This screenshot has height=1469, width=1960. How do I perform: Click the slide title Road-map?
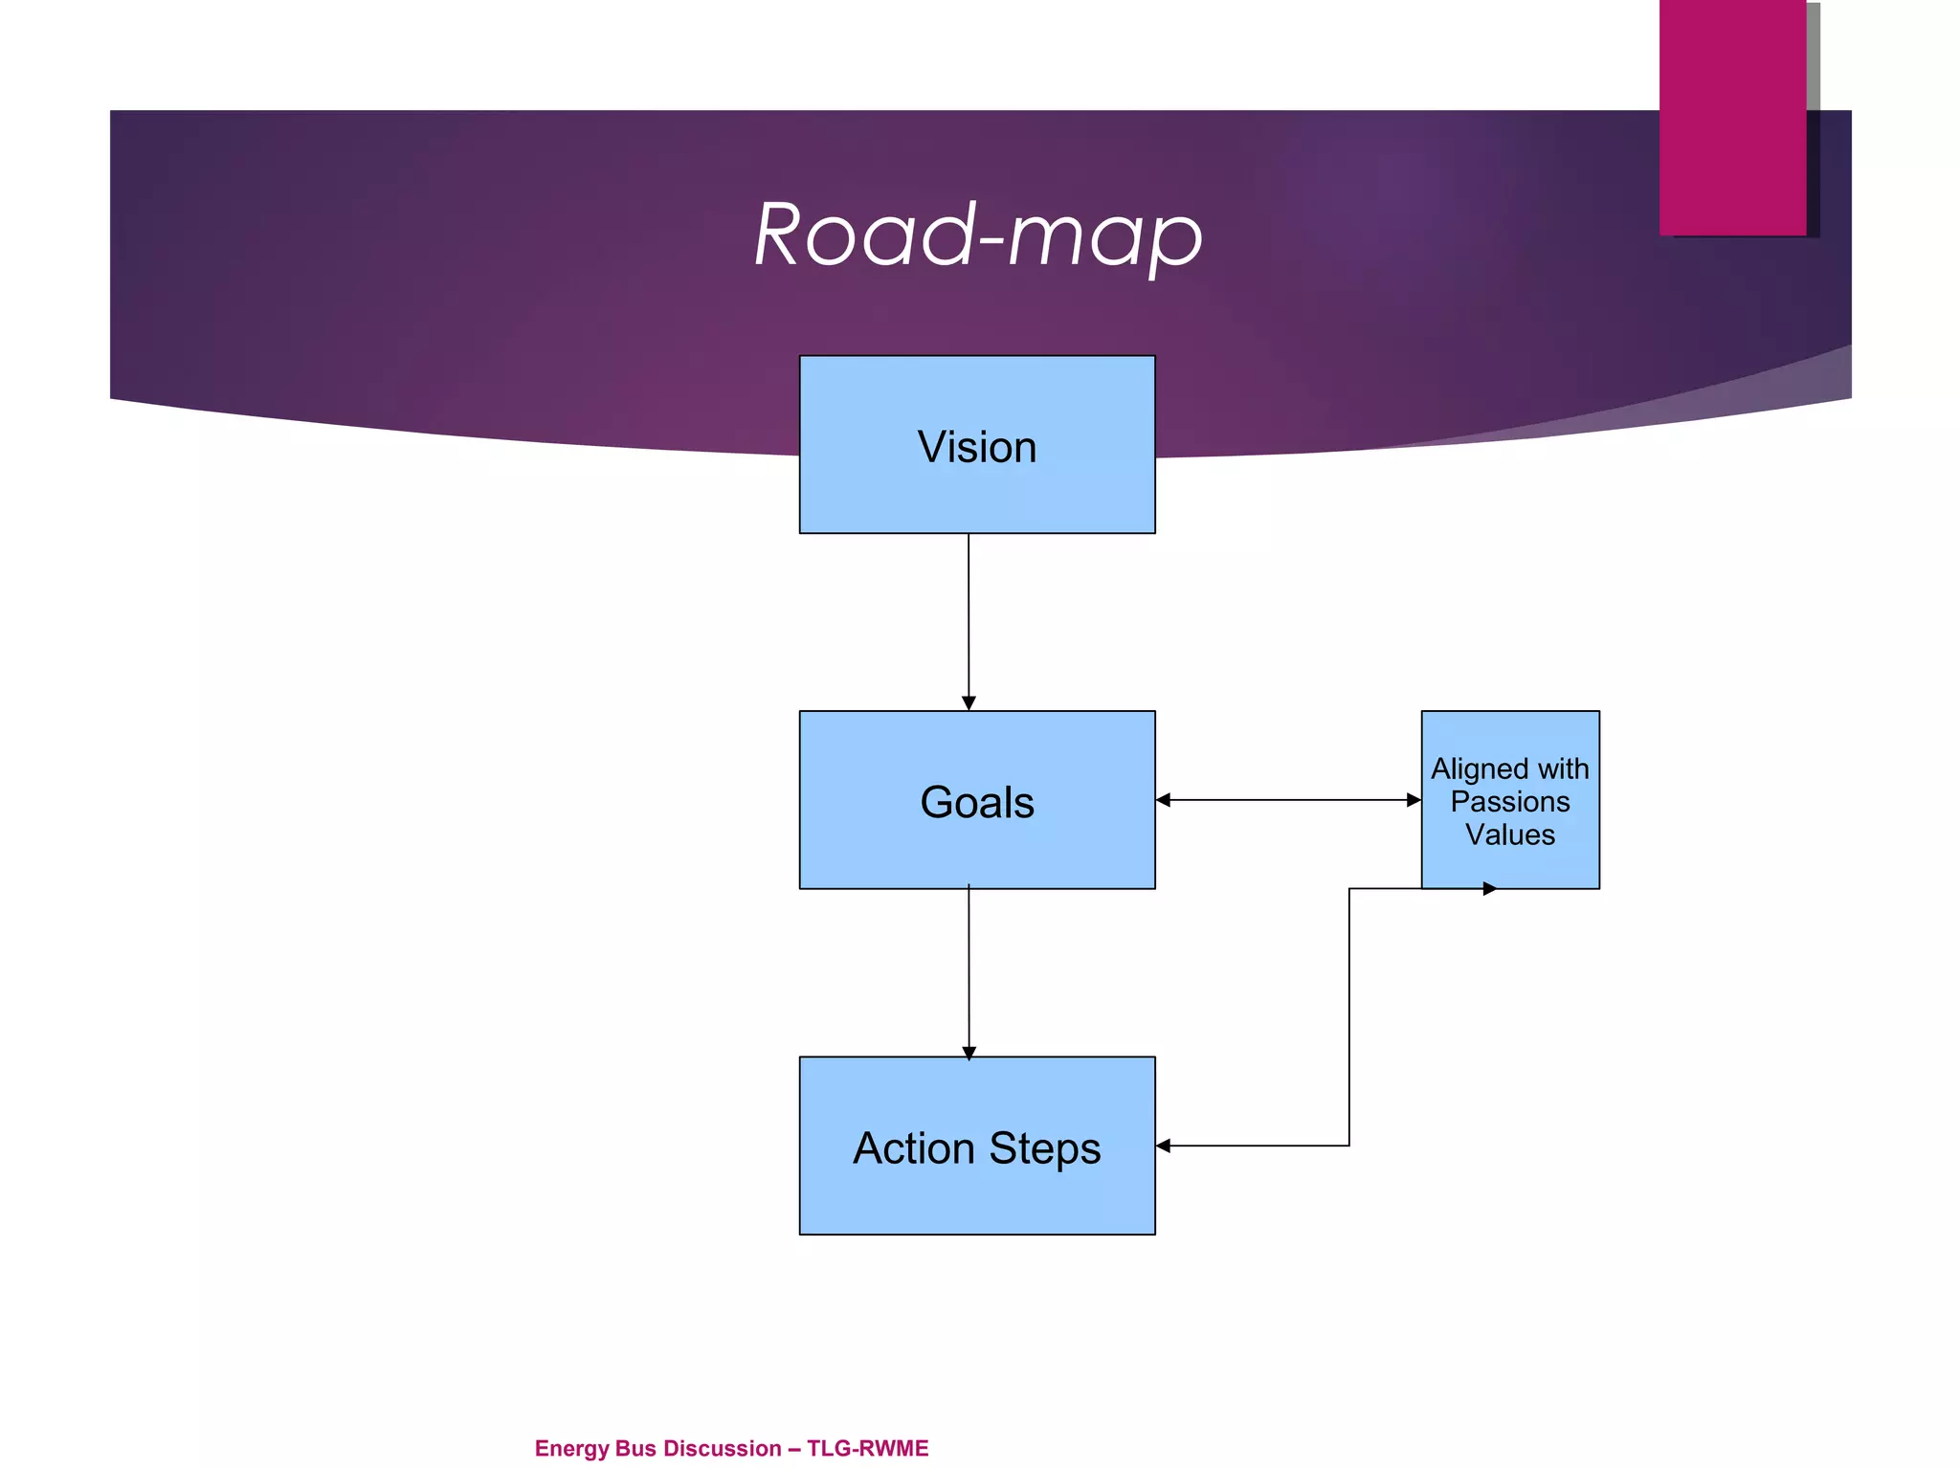coord(978,235)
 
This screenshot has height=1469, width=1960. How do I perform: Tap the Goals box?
coord(977,842)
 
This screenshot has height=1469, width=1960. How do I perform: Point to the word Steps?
coord(1045,1148)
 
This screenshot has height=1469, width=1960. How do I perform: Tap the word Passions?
coord(1510,802)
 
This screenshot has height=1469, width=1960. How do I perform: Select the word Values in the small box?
coord(1510,835)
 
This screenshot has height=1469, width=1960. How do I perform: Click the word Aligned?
coord(1480,769)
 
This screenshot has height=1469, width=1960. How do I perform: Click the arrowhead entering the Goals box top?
coord(969,703)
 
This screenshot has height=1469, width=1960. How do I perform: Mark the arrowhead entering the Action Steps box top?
coord(969,1053)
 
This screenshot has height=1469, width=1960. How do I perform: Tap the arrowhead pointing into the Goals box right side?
coord(1164,800)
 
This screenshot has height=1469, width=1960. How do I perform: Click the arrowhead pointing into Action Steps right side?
coord(1164,1146)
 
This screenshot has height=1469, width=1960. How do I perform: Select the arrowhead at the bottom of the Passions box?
coord(1489,889)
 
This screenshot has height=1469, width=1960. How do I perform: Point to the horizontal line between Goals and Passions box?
coord(1287,800)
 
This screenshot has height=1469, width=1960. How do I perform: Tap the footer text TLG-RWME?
coord(867,1448)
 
